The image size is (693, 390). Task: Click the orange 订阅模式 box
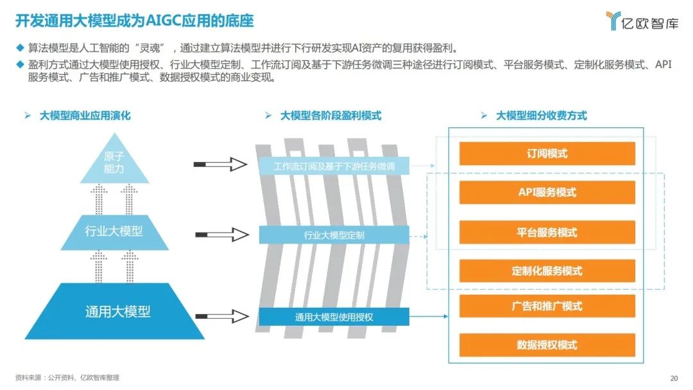[x=547, y=154]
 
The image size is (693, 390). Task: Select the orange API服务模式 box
[x=547, y=192]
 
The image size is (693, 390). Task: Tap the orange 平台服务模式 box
[x=547, y=232]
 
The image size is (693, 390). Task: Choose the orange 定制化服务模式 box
[x=547, y=270]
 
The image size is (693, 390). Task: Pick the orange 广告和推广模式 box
[x=547, y=306]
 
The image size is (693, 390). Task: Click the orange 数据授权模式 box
[x=547, y=345]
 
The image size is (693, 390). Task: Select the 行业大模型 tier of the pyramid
[x=114, y=232]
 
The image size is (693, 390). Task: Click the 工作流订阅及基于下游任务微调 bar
[x=334, y=166]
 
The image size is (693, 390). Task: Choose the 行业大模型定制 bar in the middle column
[x=334, y=235]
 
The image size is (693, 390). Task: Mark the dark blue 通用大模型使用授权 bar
[x=334, y=317]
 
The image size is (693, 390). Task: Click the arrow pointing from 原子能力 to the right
[x=220, y=164]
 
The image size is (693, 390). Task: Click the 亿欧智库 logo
[x=642, y=21]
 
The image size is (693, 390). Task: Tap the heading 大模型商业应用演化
[x=85, y=116]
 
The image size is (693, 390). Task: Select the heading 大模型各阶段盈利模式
[x=330, y=116]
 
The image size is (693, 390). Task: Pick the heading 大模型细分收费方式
[x=541, y=116]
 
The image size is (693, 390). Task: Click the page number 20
[x=674, y=378]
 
